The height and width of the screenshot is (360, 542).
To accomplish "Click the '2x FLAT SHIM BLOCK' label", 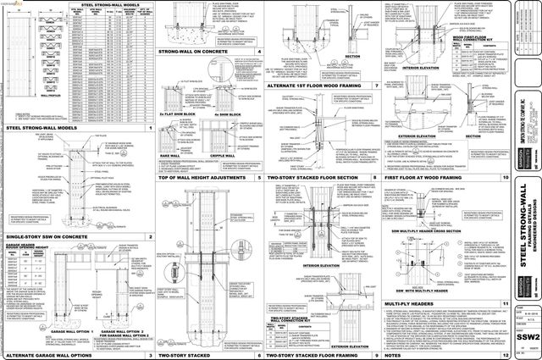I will (x=176, y=114).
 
